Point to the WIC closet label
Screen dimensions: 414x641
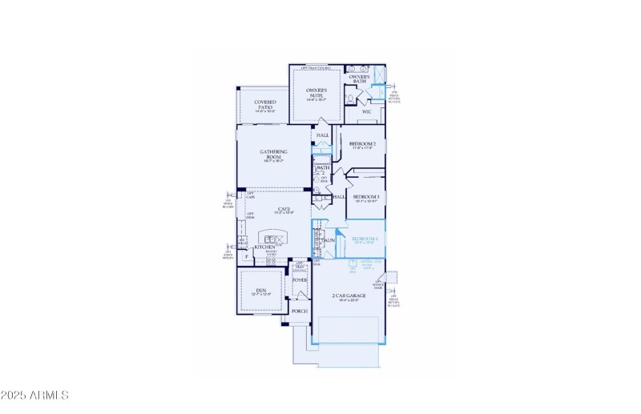[x=367, y=111]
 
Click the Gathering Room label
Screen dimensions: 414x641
[x=274, y=154]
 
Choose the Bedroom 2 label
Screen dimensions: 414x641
[x=362, y=143]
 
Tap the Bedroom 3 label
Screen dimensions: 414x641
[x=365, y=196]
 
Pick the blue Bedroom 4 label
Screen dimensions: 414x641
[x=365, y=239]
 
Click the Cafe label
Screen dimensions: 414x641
[x=273, y=209]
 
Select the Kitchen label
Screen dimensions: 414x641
[x=265, y=247]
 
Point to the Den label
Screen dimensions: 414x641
[x=260, y=291]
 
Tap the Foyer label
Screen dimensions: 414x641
[x=300, y=280]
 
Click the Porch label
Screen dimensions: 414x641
[x=300, y=311]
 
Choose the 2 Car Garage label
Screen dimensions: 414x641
[x=349, y=295]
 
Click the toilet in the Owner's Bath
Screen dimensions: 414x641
[x=352, y=99]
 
